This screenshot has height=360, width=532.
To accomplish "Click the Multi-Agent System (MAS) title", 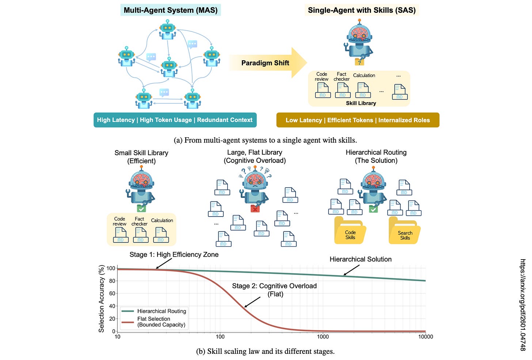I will pyautogui.click(x=171, y=10).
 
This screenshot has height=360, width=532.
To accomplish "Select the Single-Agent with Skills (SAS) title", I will pyautogui.click(x=362, y=10).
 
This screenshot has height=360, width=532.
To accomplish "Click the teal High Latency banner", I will pyautogui.click(x=175, y=120).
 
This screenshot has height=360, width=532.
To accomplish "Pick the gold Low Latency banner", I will pyautogui.click(x=358, y=120).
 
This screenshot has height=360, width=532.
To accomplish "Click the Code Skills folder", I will pyautogui.click(x=350, y=231).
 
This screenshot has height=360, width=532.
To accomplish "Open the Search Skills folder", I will pyautogui.click(x=404, y=232).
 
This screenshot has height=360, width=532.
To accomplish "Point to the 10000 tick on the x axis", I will pyautogui.click(x=425, y=337).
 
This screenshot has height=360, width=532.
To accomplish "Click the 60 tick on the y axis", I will pyautogui.click(x=112, y=294).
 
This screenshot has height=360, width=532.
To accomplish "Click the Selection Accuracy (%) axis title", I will pyautogui.click(x=101, y=299).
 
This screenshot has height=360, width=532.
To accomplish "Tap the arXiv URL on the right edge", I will pyautogui.click(x=523, y=305).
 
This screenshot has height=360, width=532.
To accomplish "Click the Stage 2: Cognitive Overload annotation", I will pyautogui.click(x=274, y=290).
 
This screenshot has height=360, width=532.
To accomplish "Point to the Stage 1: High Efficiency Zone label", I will pyautogui.click(x=174, y=254).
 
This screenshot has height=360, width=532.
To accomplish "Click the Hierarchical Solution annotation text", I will pyautogui.click(x=360, y=259).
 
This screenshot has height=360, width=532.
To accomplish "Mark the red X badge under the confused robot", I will pyautogui.click(x=255, y=209).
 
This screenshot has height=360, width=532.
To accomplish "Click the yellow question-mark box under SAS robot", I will pyautogui.click(x=359, y=62).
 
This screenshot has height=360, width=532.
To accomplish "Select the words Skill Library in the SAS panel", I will pyautogui.click(x=361, y=103).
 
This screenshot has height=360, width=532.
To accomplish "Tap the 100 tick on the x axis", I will pyautogui.click(x=220, y=337).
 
